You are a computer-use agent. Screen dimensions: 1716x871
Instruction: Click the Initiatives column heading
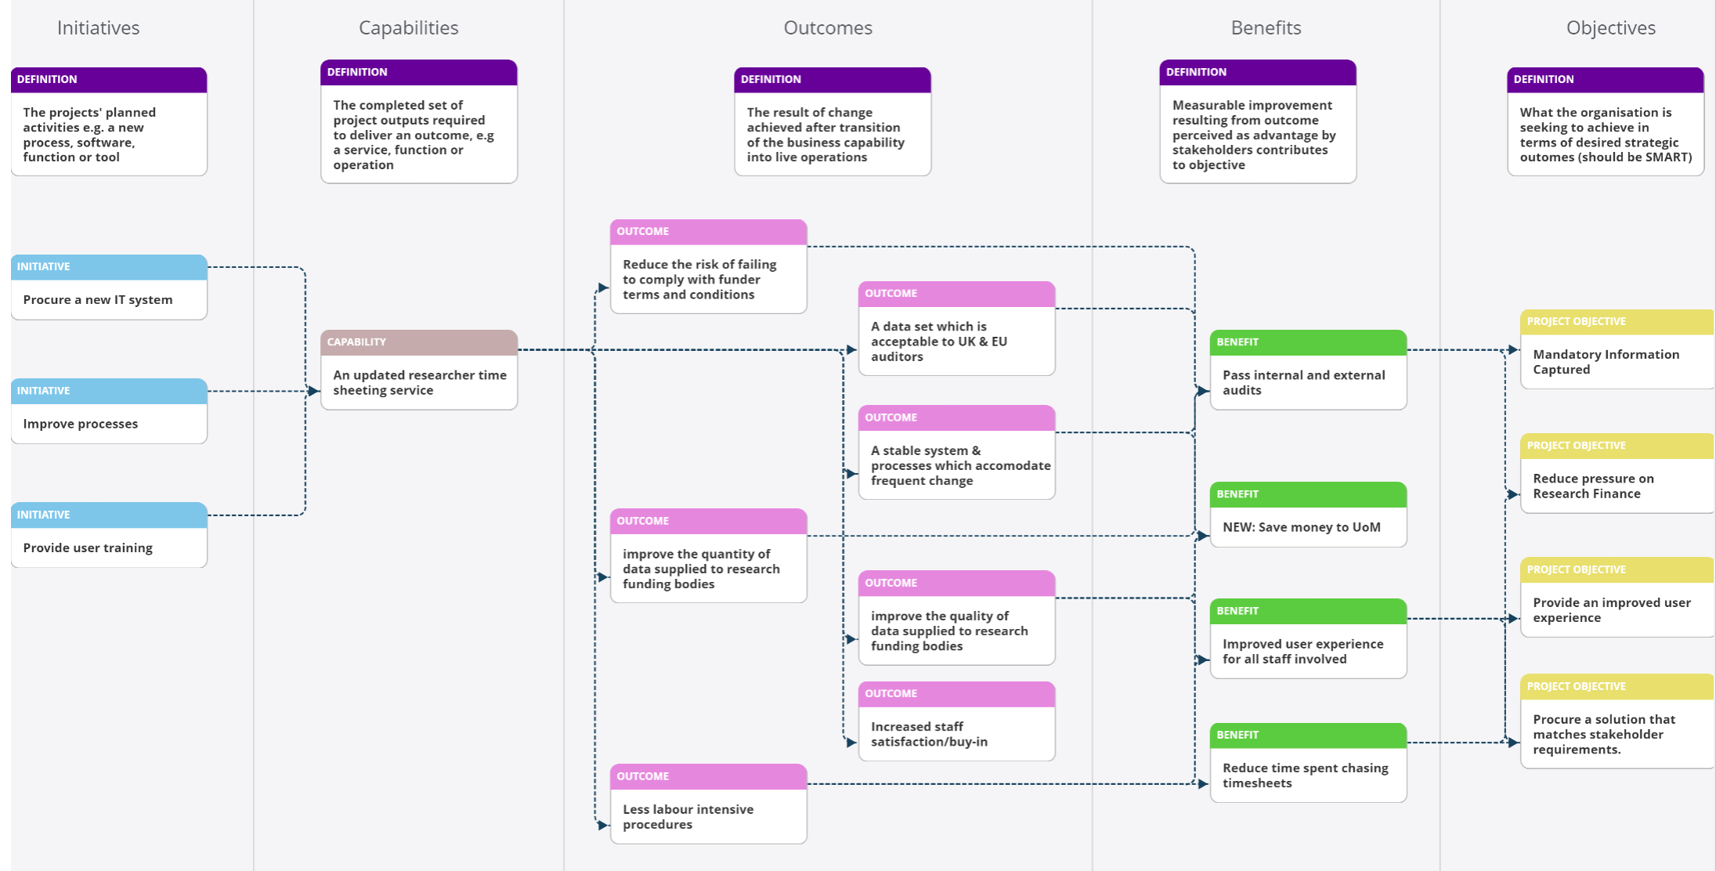click(98, 28)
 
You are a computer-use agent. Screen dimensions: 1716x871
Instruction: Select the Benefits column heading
click(1266, 28)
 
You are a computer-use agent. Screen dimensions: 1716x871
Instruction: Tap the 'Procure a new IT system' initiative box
click(109, 287)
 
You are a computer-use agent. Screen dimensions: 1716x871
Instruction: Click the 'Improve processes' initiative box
click(109, 411)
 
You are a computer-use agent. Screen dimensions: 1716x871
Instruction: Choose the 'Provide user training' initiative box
click(109, 535)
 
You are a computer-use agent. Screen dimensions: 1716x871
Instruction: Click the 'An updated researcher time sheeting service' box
click(419, 370)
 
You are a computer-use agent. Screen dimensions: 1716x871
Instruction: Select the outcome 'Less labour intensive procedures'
click(709, 804)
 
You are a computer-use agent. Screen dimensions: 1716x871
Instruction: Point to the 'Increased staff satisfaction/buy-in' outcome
click(957, 721)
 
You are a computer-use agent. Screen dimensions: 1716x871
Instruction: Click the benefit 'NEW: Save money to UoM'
click(1309, 515)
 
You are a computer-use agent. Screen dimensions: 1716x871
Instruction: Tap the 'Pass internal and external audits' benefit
click(1309, 370)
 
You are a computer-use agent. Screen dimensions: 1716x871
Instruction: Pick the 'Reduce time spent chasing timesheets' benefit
click(1309, 763)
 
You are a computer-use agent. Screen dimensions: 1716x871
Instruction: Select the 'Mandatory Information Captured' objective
click(1617, 349)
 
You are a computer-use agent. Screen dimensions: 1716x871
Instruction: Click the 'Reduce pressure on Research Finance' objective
click(1617, 473)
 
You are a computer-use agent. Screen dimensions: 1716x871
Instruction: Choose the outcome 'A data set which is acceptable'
click(957, 328)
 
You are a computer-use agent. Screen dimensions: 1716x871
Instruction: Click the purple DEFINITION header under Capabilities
click(419, 72)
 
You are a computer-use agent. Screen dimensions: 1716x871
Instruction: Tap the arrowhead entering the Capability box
click(313, 391)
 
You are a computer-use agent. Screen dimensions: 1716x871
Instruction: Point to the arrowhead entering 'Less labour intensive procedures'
click(603, 825)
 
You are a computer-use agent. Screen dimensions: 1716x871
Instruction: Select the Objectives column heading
click(1610, 28)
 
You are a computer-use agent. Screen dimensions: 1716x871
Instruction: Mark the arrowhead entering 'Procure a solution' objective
click(1513, 743)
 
